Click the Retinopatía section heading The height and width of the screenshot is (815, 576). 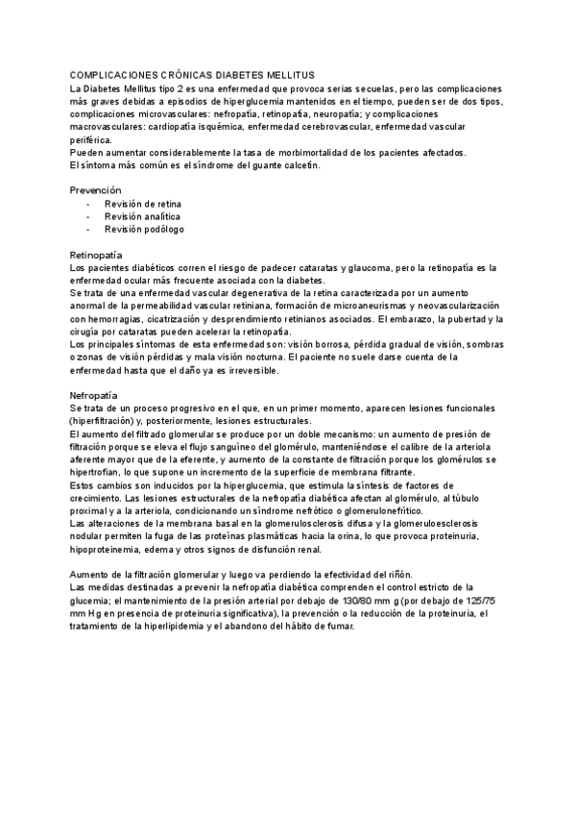tap(99, 255)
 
